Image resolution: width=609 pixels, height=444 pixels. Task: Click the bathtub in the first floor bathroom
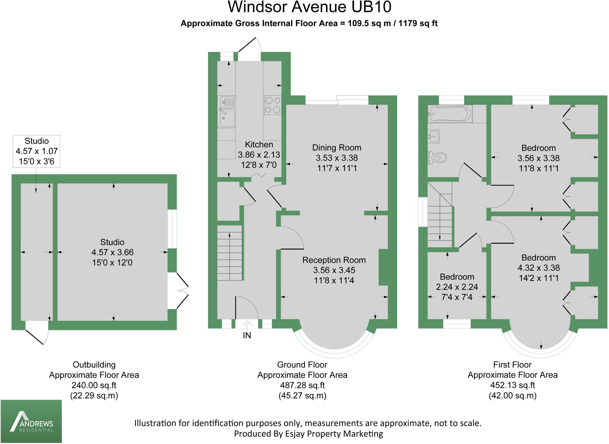coord(450,114)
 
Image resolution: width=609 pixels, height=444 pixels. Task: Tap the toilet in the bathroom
coord(437,157)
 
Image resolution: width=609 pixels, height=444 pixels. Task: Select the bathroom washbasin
coord(434,137)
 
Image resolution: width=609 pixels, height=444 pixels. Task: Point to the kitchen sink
coord(227,112)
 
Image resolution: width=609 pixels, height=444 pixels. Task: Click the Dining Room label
coord(337,148)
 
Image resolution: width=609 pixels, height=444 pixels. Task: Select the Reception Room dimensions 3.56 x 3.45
coord(334,270)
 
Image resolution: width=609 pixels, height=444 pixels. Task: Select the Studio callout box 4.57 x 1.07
coord(37,151)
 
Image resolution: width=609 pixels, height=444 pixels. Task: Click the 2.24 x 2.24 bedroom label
coord(457,287)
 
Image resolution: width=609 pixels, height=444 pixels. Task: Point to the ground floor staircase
coord(230,252)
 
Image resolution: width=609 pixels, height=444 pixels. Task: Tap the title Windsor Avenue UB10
coord(309,7)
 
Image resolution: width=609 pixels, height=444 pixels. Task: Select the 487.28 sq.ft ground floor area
coord(302,385)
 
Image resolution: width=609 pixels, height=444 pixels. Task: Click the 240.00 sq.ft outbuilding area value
coord(94,385)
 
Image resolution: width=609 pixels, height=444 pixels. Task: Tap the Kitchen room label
coord(259,145)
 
